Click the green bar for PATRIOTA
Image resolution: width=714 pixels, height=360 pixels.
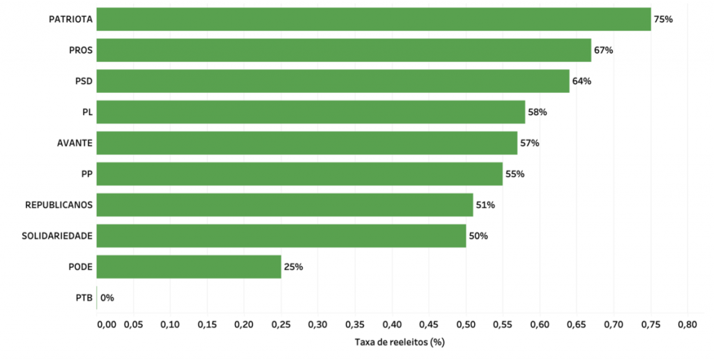pyautogui.click(x=374, y=20)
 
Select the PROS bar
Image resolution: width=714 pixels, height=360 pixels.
pyautogui.click(x=344, y=50)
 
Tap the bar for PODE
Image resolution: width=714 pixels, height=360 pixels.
pyautogui.click(x=189, y=267)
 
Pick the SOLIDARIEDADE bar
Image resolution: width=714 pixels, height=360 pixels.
pyautogui.click(x=281, y=236)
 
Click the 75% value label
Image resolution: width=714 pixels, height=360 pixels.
pyautogui.click(x=663, y=20)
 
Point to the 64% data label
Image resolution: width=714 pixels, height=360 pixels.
pyautogui.click(x=582, y=81)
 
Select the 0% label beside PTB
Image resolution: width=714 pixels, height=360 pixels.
pyautogui.click(x=107, y=297)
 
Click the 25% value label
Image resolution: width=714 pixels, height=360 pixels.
pyautogui.click(x=293, y=267)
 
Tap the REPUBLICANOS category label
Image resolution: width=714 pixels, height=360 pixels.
pyautogui.click(x=59, y=204)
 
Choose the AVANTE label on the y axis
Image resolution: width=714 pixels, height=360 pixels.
pyautogui.click(x=75, y=143)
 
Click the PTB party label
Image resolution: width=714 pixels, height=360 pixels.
pyautogui.click(x=84, y=297)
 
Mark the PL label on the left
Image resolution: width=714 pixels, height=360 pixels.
pyautogui.click(x=87, y=112)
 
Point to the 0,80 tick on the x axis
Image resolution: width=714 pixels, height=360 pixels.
pyautogui.click(x=687, y=324)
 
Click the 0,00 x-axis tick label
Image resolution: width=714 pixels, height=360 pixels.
pyautogui.click(x=105, y=324)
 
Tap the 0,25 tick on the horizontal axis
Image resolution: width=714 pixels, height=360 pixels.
pyautogui.click(x=281, y=324)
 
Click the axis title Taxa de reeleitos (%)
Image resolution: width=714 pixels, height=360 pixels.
pyautogui.click(x=400, y=342)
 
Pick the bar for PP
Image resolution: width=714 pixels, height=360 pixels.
pyautogui.click(x=300, y=174)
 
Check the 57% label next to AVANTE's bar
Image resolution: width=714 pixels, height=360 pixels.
pyautogui.click(x=530, y=143)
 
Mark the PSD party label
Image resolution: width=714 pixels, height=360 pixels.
pyautogui.click(x=84, y=81)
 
